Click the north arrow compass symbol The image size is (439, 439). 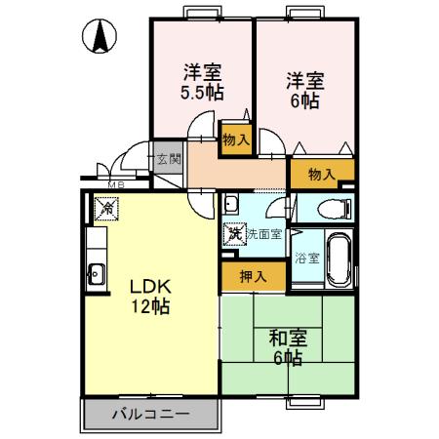click(100, 37)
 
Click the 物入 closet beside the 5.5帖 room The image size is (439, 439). click(235, 139)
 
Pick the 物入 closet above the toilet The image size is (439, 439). click(321, 174)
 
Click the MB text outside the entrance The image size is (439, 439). click(114, 184)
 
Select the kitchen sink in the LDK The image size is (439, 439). click(96, 272)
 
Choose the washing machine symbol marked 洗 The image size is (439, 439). click(233, 234)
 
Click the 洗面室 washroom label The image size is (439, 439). click(263, 234)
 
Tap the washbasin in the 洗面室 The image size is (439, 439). click(232, 204)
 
